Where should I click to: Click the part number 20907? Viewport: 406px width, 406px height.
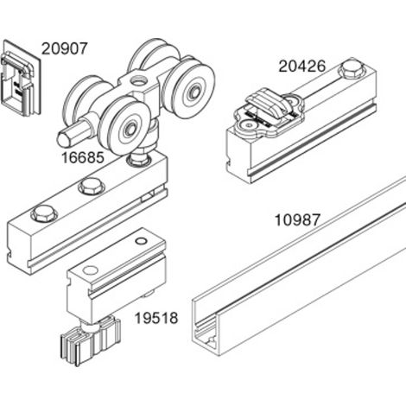[x=64, y=48]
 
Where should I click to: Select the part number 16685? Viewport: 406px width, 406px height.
[x=83, y=158]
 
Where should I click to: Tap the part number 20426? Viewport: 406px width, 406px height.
[x=301, y=67]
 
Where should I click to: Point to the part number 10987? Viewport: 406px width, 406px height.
[x=297, y=220]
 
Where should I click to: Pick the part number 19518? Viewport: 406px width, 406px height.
[x=156, y=318]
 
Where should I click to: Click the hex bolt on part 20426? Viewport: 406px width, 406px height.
[x=351, y=68]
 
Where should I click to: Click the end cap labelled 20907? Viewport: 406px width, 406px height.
[x=21, y=79]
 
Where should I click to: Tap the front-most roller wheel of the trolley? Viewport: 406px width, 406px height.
[x=124, y=126]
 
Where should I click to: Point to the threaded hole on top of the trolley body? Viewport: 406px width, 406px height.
[x=138, y=80]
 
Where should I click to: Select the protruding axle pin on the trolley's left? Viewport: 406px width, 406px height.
[x=74, y=134]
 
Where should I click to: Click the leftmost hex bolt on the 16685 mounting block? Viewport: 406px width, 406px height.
[x=44, y=214]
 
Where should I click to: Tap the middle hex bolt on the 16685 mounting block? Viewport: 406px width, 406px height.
[x=92, y=186]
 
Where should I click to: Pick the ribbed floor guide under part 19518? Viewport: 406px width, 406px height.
[x=90, y=341]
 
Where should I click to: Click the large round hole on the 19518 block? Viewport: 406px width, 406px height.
[x=91, y=270]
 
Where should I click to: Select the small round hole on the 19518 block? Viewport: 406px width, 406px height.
[x=141, y=241]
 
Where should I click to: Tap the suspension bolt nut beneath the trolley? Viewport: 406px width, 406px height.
[x=140, y=160]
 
